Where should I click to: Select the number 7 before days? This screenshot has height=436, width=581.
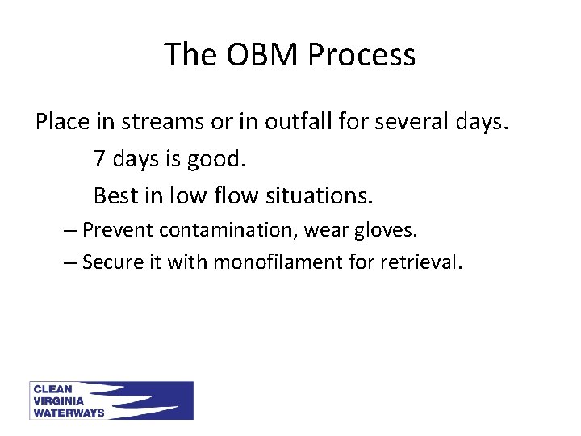pyautogui.click(x=99, y=159)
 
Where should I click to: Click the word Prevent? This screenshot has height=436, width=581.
pyautogui.click(x=119, y=230)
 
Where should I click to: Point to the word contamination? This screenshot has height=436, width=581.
pyautogui.click(x=231, y=230)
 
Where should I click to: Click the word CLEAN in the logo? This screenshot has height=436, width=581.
pyautogui.click(x=52, y=389)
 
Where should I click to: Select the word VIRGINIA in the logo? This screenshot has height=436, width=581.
pyautogui.click(x=58, y=400)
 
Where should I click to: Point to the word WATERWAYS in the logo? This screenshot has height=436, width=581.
pyautogui.click(x=69, y=412)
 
